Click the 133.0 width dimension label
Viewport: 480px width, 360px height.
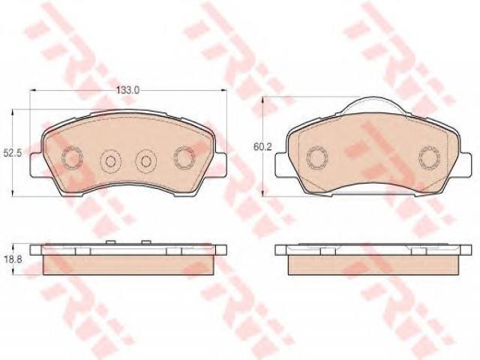(128, 90)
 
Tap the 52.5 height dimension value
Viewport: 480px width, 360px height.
(12, 153)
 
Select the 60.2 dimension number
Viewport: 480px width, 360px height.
(262, 147)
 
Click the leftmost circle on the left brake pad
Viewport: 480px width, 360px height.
(72, 158)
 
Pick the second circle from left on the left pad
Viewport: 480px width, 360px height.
(111, 160)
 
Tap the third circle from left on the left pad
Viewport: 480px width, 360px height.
(146, 160)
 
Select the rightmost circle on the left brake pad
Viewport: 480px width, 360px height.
(184, 158)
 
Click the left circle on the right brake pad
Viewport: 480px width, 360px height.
(317, 158)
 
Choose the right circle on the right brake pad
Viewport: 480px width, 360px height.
(430, 158)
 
